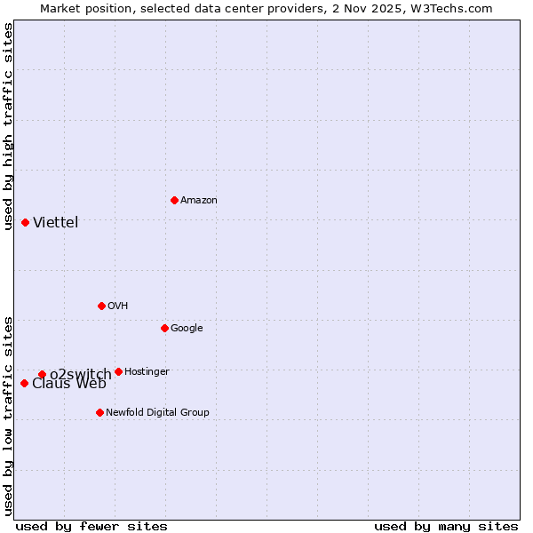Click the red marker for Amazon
pos(174,200)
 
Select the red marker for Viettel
pos(25,222)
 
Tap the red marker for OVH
pos(101,306)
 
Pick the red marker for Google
pos(164,328)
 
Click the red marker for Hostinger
pos(118,371)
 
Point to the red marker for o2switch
pos(42,374)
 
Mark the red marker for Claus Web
pos(24,383)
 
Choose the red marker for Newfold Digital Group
pos(99,412)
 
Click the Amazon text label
pos(199,201)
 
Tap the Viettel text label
pos(56,223)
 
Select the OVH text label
pos(118,306)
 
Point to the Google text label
pos(187,329)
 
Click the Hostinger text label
pos(147,372)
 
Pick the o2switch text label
pos(81,374)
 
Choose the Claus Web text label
pos(69,384)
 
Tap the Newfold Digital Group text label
pos(157,413)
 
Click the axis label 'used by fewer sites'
pos(91,527)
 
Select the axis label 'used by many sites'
pos(446,527)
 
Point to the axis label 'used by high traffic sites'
pos(8,126)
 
